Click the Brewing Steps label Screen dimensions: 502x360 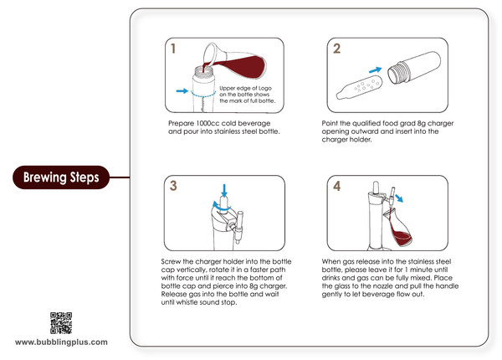61,177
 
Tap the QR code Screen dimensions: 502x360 61,323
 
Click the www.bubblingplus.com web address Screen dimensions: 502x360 61,342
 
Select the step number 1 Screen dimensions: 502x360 173,49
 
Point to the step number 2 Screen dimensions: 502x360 336,49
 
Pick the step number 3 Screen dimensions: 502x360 173,186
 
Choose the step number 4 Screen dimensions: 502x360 337,186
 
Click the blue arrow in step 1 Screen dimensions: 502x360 182,91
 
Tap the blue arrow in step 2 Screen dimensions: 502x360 375,69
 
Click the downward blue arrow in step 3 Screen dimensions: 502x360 224,191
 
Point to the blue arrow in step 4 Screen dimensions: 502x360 399,198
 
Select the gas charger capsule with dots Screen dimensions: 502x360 359,87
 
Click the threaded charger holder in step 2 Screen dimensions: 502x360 414,67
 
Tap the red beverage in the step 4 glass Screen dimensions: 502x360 402,237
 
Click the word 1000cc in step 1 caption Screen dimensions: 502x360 207,123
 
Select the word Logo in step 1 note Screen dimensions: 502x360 264,88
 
